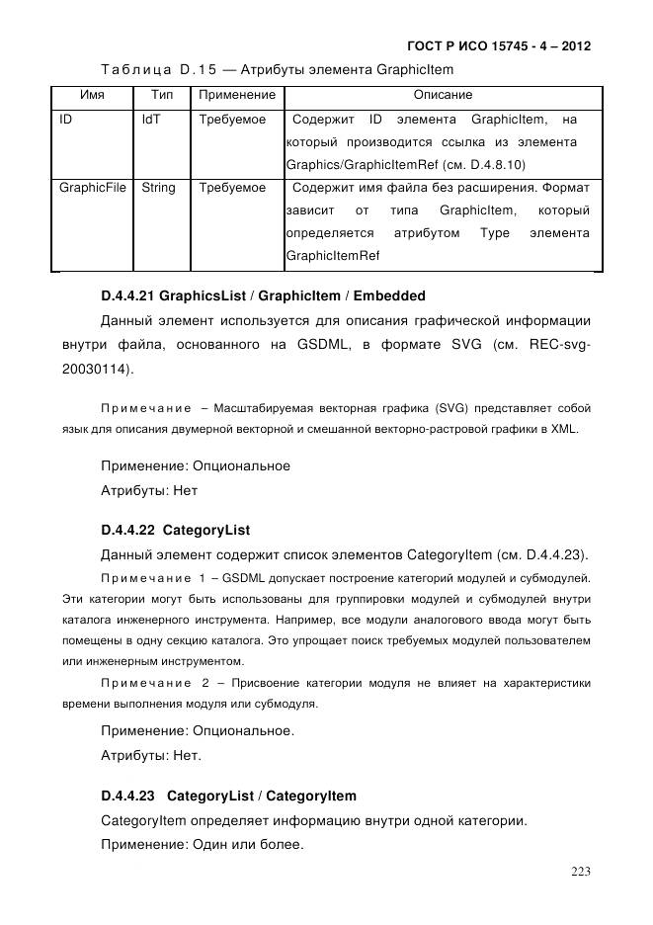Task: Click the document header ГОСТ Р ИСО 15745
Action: [x=498, y=46]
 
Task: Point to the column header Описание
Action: [x=443, y=96]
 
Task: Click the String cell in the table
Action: [x=158, y=187]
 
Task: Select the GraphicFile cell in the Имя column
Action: [x=93, y=187]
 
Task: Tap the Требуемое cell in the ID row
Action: [x=232, y=120]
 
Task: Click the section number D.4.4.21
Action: [x=127, y=295]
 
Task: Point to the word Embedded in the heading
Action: [x=389, y=295]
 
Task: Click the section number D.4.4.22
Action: [x=127, y=530]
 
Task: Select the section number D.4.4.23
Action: [x=127, y=796]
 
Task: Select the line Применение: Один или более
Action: [x=203, y=847]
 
